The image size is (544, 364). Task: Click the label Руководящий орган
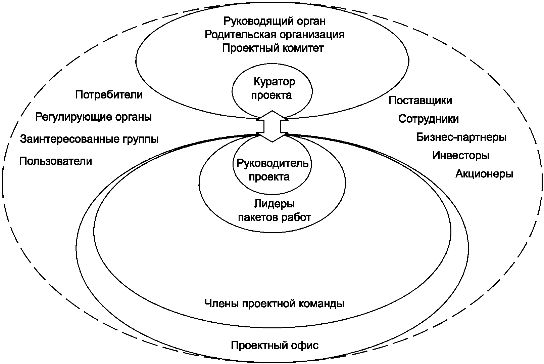274,21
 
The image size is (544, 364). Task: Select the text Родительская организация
274,35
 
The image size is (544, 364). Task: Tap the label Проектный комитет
273,48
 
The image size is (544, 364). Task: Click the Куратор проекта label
273,88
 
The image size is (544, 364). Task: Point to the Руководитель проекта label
272,170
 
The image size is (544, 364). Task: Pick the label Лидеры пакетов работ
274,210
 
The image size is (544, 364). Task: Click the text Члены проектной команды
274,304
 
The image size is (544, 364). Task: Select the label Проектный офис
275,345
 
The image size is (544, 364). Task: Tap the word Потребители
109,95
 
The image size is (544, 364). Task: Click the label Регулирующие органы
93,117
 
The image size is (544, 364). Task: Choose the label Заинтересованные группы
89,139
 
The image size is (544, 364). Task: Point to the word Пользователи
56,161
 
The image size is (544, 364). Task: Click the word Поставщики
420,100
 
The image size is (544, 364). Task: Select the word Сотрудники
429,119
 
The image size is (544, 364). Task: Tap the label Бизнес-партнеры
461,137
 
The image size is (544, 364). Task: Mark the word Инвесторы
460,155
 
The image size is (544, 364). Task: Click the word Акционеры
484,174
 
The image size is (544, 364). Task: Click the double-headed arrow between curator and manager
272,126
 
